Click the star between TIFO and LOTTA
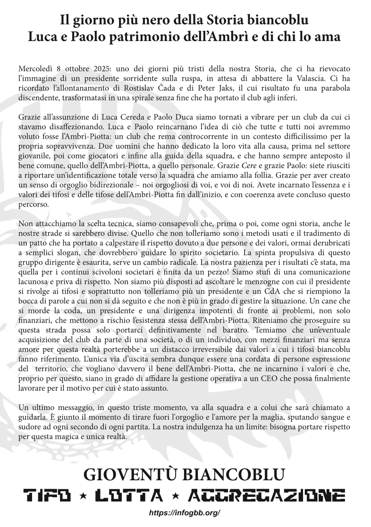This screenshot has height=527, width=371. [84, 495]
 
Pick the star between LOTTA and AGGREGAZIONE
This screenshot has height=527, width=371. [176, 495]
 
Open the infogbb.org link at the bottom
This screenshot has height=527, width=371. [185, 512]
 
